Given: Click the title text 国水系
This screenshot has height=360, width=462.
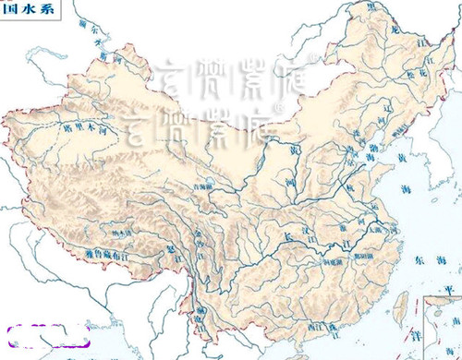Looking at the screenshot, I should tap(26, 7).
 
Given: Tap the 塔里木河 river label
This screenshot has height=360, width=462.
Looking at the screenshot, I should tap(78, 129).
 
